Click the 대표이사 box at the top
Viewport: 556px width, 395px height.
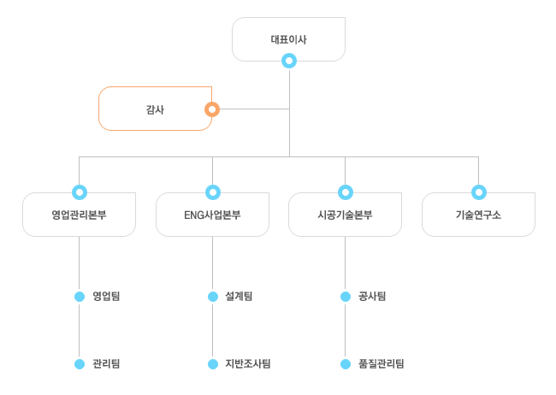tap(288, 39)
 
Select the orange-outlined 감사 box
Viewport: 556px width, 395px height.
tap(155, 109)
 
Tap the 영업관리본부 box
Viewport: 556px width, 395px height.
tap(79, 215)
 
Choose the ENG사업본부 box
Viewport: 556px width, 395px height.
tap(212, 215)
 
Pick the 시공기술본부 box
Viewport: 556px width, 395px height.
tap(345, 215)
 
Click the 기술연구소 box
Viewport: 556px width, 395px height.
tap(478, 215)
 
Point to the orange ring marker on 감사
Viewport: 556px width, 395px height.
tap(212, 109)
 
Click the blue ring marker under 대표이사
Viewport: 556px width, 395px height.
tap(289, 61)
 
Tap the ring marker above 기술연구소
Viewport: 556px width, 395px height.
tap(478, 192)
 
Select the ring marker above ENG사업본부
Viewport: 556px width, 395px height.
tap(212, 192)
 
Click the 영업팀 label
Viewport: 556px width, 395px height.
tap(106, 297)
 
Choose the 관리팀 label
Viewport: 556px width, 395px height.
tap(106, 363)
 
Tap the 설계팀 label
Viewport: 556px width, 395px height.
tap(239, 297)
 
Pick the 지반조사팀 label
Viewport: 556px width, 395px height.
tap(247, 363)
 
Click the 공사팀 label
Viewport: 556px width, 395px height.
tap(372, 297)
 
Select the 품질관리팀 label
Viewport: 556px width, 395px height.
tap(381, 363)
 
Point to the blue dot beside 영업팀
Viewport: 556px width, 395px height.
tap(80, 297)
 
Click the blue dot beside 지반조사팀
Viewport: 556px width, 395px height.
tap(212, 363)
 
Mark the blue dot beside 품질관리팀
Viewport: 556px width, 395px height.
tap(346, 363)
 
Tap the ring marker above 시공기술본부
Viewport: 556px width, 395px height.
tap(346, 192)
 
